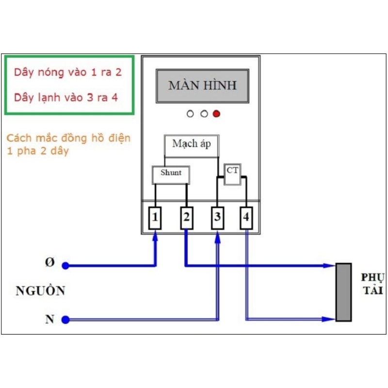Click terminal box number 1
coord(155,218)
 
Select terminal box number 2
coord(187,218)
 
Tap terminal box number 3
coord(217,218)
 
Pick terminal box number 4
coord(246,218)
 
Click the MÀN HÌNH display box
coord(202,86)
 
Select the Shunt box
coord(171,175)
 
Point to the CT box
coord(232,174)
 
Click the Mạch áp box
coord(192,146)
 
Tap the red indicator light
coord(216,114)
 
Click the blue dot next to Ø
coord(65,265)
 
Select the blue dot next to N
coord(65,320)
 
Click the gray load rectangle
coord(343,292)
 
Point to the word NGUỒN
coord(40,290)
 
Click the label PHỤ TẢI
coord(372,284)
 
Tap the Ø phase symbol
coord(50,262)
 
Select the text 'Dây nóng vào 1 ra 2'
coord(68,72)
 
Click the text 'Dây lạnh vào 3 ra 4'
coord(66,97)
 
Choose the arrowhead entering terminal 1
coord(155,236)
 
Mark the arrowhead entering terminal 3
coord(217,237)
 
